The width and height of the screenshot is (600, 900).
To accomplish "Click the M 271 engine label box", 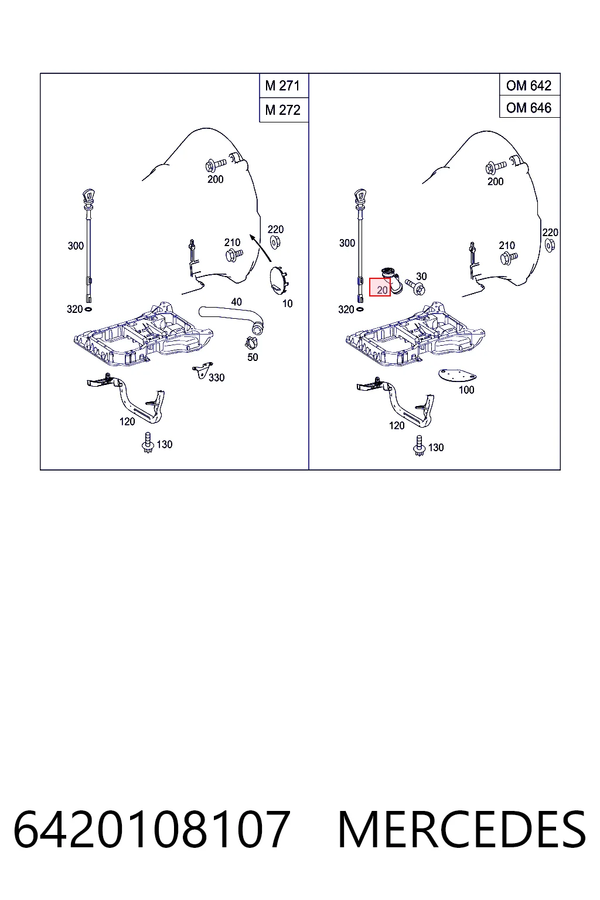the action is (x=282, y=86).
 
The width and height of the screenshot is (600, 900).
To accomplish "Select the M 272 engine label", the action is (x=282, y=110).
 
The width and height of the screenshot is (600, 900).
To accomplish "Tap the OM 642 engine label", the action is (x=529, y=85).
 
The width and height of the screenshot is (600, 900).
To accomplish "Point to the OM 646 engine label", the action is (x=529, y=108).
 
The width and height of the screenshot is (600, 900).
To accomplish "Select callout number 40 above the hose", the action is (x=236, y=302).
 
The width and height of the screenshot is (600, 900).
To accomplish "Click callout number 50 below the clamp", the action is (x=253, y=357).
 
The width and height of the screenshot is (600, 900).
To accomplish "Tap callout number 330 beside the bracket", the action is (x=216, y=378).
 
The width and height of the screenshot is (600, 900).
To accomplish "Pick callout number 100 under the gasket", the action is (x=466, y=390).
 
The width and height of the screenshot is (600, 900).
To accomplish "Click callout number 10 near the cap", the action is (x=287, y=304).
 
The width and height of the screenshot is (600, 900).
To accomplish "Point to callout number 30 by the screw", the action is (x=421, y=277).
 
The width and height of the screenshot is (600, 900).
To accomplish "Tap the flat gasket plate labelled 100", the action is (x=457, y=376).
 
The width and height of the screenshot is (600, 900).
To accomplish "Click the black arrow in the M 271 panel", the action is (x=260, y=248).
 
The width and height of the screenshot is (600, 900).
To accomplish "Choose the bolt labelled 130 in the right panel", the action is (x=419, y=445).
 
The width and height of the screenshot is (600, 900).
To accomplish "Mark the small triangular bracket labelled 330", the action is (x=203, y=370).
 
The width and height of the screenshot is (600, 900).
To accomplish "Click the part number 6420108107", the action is (x=152, y=830).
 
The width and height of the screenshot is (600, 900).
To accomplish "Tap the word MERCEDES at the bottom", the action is (x=462, y=830).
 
